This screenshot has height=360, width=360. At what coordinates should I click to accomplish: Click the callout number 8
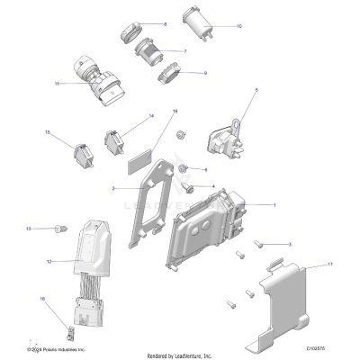(x=165, y=23)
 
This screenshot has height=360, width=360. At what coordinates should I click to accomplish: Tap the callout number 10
(x=238, y=26)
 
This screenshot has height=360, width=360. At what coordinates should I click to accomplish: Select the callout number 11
(x=57, y=84)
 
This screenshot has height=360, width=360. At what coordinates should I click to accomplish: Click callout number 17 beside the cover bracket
(x=330, y=265)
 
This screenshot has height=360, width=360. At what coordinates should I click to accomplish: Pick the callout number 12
(x=49, y=261)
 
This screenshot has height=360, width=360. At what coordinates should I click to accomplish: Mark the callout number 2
(x=112, y=189)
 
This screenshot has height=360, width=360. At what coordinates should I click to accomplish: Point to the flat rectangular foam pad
(x=139, y=166)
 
